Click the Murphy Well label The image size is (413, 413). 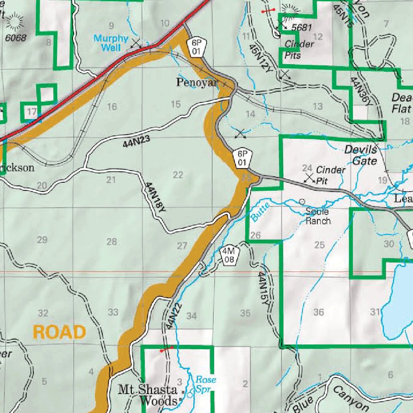coord(111,43)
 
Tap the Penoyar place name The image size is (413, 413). coord(197,83)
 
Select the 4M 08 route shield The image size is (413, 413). coord(229,255)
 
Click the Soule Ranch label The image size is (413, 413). coord(318,216)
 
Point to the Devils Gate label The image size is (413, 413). coord(361,155)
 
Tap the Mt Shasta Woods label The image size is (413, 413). coord(148,395)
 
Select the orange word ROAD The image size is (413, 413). coord(59,332)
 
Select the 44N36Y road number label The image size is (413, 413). coord(361,92)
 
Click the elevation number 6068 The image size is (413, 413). coord(16,38)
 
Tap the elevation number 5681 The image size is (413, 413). coord(302,27)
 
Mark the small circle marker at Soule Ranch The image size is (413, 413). coord(302,201)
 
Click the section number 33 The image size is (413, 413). coord(113,312)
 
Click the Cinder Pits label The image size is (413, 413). coord(299,50)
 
